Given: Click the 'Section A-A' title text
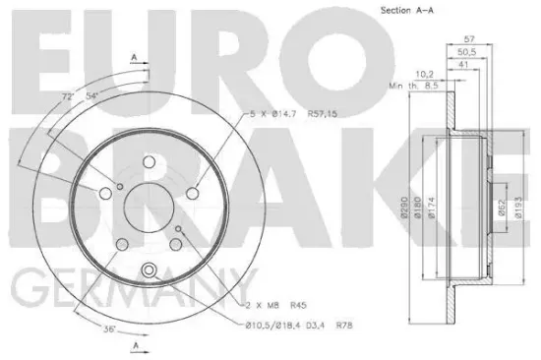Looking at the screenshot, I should click(407, 11).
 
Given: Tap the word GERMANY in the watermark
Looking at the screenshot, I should click(128, 290).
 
